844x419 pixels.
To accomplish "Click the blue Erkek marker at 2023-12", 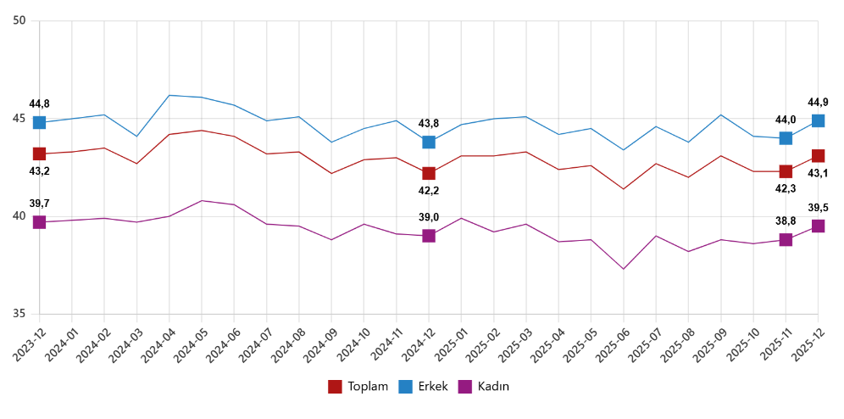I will point(39,122).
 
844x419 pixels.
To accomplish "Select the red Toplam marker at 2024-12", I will point(429,173).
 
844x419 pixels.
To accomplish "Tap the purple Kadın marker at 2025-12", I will point(818,226).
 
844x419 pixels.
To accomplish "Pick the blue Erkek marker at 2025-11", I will point(786,138).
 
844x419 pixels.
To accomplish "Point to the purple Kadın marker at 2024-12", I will point(429,236).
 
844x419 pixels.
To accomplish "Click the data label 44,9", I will point(818,103).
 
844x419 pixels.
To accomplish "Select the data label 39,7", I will point(39,204).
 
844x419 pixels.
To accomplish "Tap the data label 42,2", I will point(429,191).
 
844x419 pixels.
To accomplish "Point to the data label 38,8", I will point(786,220).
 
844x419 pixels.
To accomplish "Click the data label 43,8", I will point(429,123).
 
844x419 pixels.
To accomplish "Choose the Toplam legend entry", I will point(358,387).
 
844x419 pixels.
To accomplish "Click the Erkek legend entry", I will point(424,387).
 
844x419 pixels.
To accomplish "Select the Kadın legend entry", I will point(485,387).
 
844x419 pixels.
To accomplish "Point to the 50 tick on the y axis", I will point(19,21).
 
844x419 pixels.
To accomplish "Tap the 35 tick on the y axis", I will point(19,314).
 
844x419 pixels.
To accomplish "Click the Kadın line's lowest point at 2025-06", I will point(624,269).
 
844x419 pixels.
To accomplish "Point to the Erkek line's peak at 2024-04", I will point(169,95).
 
